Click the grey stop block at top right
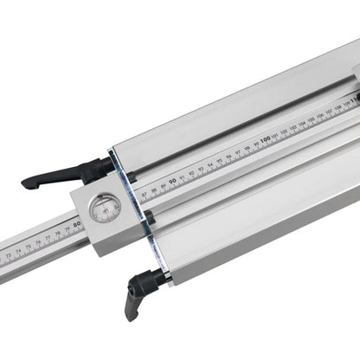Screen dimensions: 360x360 tap(354, 83)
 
